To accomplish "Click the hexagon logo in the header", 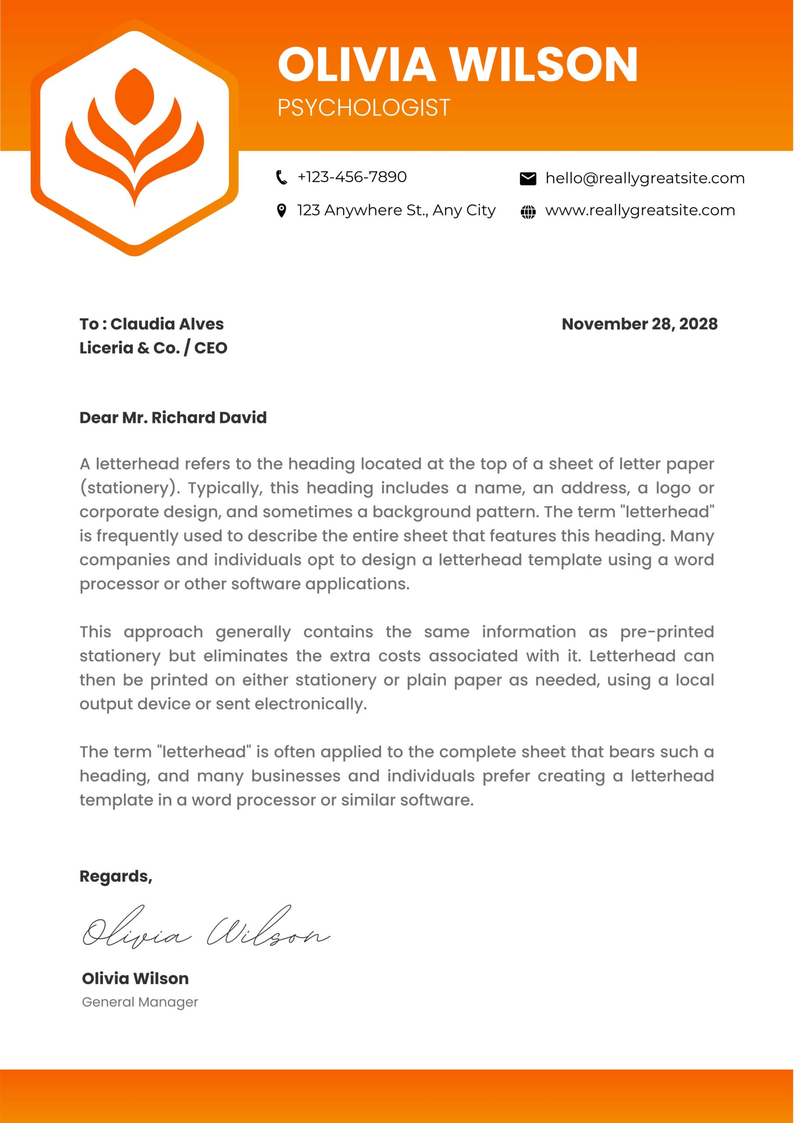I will pos(135,138).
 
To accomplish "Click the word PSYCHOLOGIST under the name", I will pos(364,107).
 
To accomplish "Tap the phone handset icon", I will pos(281,177).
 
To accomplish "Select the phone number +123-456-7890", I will pos(352,177).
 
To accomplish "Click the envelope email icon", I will pos(528,179).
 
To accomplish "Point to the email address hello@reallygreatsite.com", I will pos(645,179).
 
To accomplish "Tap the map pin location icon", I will pos(281,211).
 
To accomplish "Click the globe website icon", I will pos(528,212).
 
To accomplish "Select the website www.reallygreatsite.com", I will pos(640,210).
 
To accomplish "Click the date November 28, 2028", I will pos(640,324).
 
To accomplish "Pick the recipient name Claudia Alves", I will pos(167,324).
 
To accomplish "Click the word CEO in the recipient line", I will pos(211,348).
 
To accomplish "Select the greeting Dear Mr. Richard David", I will pos(173,417).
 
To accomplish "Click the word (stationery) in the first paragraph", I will pos(130,488).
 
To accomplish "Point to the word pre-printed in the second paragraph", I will pos(667,632).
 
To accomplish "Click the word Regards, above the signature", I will pos(116,876).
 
